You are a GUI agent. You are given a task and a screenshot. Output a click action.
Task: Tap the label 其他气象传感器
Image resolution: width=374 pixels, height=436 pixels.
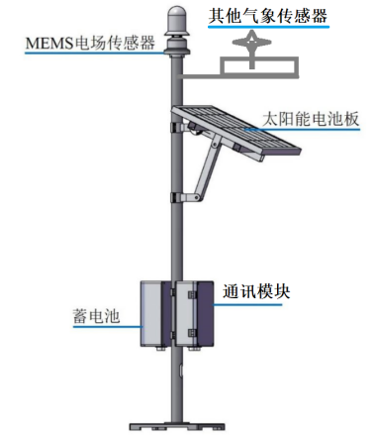tap(266, 16)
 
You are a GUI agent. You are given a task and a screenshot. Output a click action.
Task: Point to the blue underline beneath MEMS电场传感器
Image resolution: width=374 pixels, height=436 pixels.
tap(89, 55)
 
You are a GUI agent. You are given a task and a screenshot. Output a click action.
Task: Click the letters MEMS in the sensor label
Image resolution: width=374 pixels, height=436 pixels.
tap(45, 43)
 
